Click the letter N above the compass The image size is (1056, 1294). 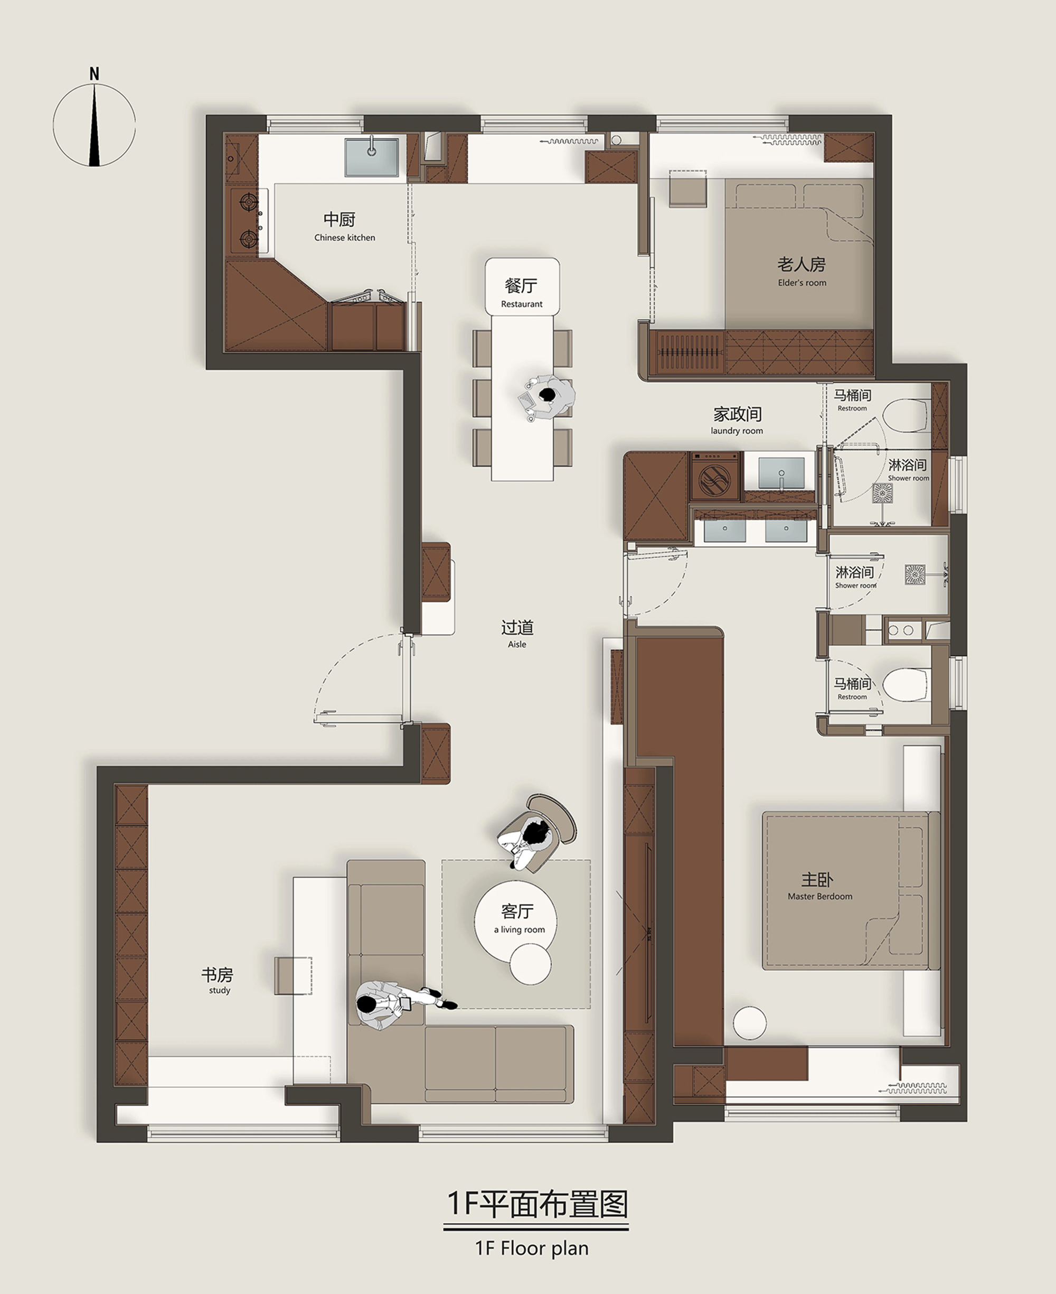tap(95, 73)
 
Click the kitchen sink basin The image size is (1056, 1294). tap(372, 157)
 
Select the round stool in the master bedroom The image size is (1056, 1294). tap(749, 1023)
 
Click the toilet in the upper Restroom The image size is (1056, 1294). tap(906, 416)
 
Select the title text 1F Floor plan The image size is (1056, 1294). tap(532, 1249)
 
